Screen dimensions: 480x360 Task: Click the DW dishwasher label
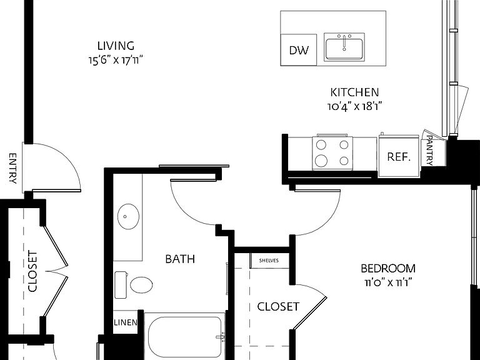click(299, 50)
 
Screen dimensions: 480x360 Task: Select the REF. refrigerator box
click(399, 157)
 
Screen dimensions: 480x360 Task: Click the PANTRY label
click(430, 151)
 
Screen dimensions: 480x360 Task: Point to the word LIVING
click(116, 46)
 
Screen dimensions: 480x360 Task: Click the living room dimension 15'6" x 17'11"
click(116, 60)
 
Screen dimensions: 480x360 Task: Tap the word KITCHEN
click(354, 92)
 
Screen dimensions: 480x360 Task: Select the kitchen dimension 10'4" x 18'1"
click(354, 106)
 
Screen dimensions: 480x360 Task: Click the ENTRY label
click(12, 168)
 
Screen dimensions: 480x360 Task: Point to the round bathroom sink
click(128, 216)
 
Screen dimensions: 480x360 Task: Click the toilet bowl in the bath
click(141, 285)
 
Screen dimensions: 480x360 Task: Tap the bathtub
click(184, 337)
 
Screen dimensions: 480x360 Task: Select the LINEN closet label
click(126, 322)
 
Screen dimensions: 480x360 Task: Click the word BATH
click(180, 259)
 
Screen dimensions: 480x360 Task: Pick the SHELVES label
click(269, 261)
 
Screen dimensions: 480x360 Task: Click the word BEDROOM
click(388, 269)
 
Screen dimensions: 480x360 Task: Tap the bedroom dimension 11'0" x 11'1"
click(388, 282)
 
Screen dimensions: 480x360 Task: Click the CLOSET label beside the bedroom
click(278, 306)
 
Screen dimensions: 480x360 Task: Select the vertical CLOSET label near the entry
click(32, 271)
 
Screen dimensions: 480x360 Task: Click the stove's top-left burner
click(321, 145)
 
